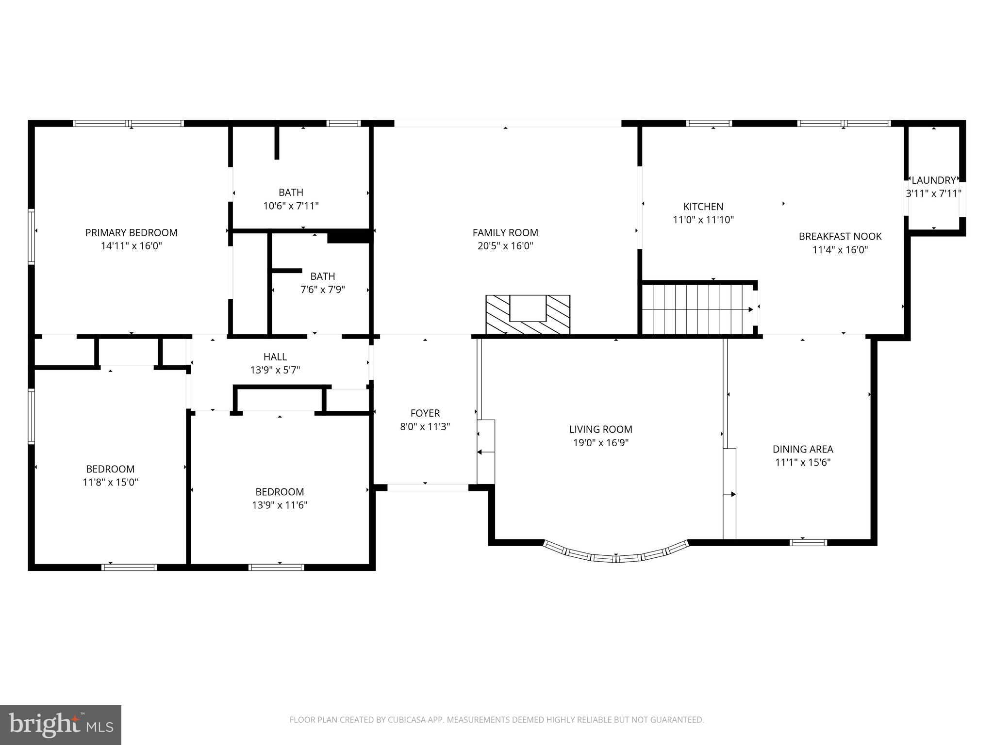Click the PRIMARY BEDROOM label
131,233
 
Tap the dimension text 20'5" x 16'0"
505,246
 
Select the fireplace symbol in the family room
528,314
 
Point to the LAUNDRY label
933,180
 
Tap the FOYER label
425,413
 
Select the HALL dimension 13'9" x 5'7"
275,370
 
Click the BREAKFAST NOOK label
840,237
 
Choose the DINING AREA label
803,449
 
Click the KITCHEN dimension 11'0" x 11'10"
703,220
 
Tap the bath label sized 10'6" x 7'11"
291,193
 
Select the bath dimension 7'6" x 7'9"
322,290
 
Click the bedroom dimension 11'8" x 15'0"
110,482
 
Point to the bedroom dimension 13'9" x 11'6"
280,505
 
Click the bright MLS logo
61,725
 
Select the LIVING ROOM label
600,429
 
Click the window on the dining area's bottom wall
808,542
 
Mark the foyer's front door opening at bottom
428,487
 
